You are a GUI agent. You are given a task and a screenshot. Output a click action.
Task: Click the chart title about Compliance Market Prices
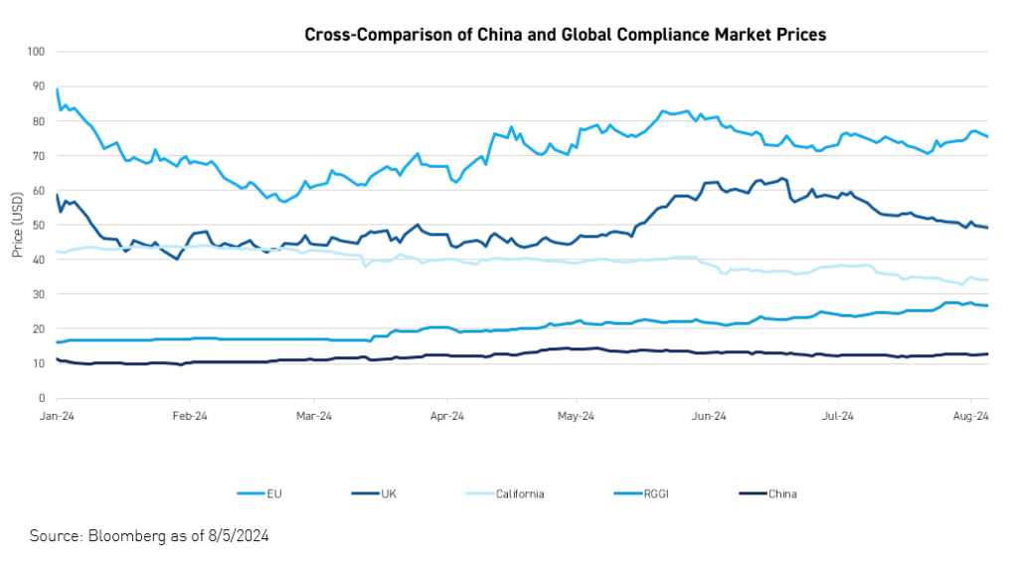pyautogui.click(x=565, y=35)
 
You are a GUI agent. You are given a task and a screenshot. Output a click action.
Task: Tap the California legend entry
pyautogui.click(x=520, y=493)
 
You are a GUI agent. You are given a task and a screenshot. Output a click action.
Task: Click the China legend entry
pyautogui.click(x=782, y=493)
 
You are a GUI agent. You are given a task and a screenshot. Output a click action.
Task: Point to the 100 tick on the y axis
pyautogui.click(x=38, y=52)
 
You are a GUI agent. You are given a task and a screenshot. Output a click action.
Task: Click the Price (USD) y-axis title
pyautogui.click(x=18, y=225)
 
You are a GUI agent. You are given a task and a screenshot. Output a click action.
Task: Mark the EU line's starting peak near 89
pyautogui.click(x=58, y=90)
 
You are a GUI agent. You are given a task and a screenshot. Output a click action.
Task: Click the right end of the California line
pyautogui.click(x=986, y=280)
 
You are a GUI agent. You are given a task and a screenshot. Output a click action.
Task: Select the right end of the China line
pyautogui.click(x=986, y=354)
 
